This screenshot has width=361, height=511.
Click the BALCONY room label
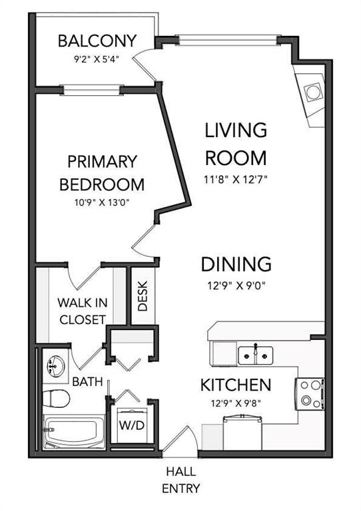(x=97, y=41)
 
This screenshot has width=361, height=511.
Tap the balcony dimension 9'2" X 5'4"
(x=97, y=60)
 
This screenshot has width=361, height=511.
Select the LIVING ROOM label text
(x=236, y=144)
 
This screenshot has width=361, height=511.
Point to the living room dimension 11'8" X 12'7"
(x=236, y=179)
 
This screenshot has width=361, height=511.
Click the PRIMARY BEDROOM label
(x=102, y=173)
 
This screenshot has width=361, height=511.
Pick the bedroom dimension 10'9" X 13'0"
(x=102, y=203)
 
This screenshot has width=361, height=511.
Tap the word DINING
(x=236, y=264)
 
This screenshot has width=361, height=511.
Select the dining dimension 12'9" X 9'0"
(x=236, y=286)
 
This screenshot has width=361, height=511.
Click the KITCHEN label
(x=235, y=385)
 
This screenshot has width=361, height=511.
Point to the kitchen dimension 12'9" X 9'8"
(x=235, y=404)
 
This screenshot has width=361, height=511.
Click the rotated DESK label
(x=143, y=296)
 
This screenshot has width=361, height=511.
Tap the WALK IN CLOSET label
(x=83, y=311)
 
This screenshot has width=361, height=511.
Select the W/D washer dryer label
(x=132, y=425)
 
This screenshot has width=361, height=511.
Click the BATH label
(x=87, y=381)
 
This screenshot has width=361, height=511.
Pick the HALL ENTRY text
(x=181, y=480)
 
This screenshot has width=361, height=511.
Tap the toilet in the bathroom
(x=56, y=399)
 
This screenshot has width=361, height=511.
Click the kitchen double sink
(x=256, y=355)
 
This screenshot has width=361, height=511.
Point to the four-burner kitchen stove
(x=310, y=394)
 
